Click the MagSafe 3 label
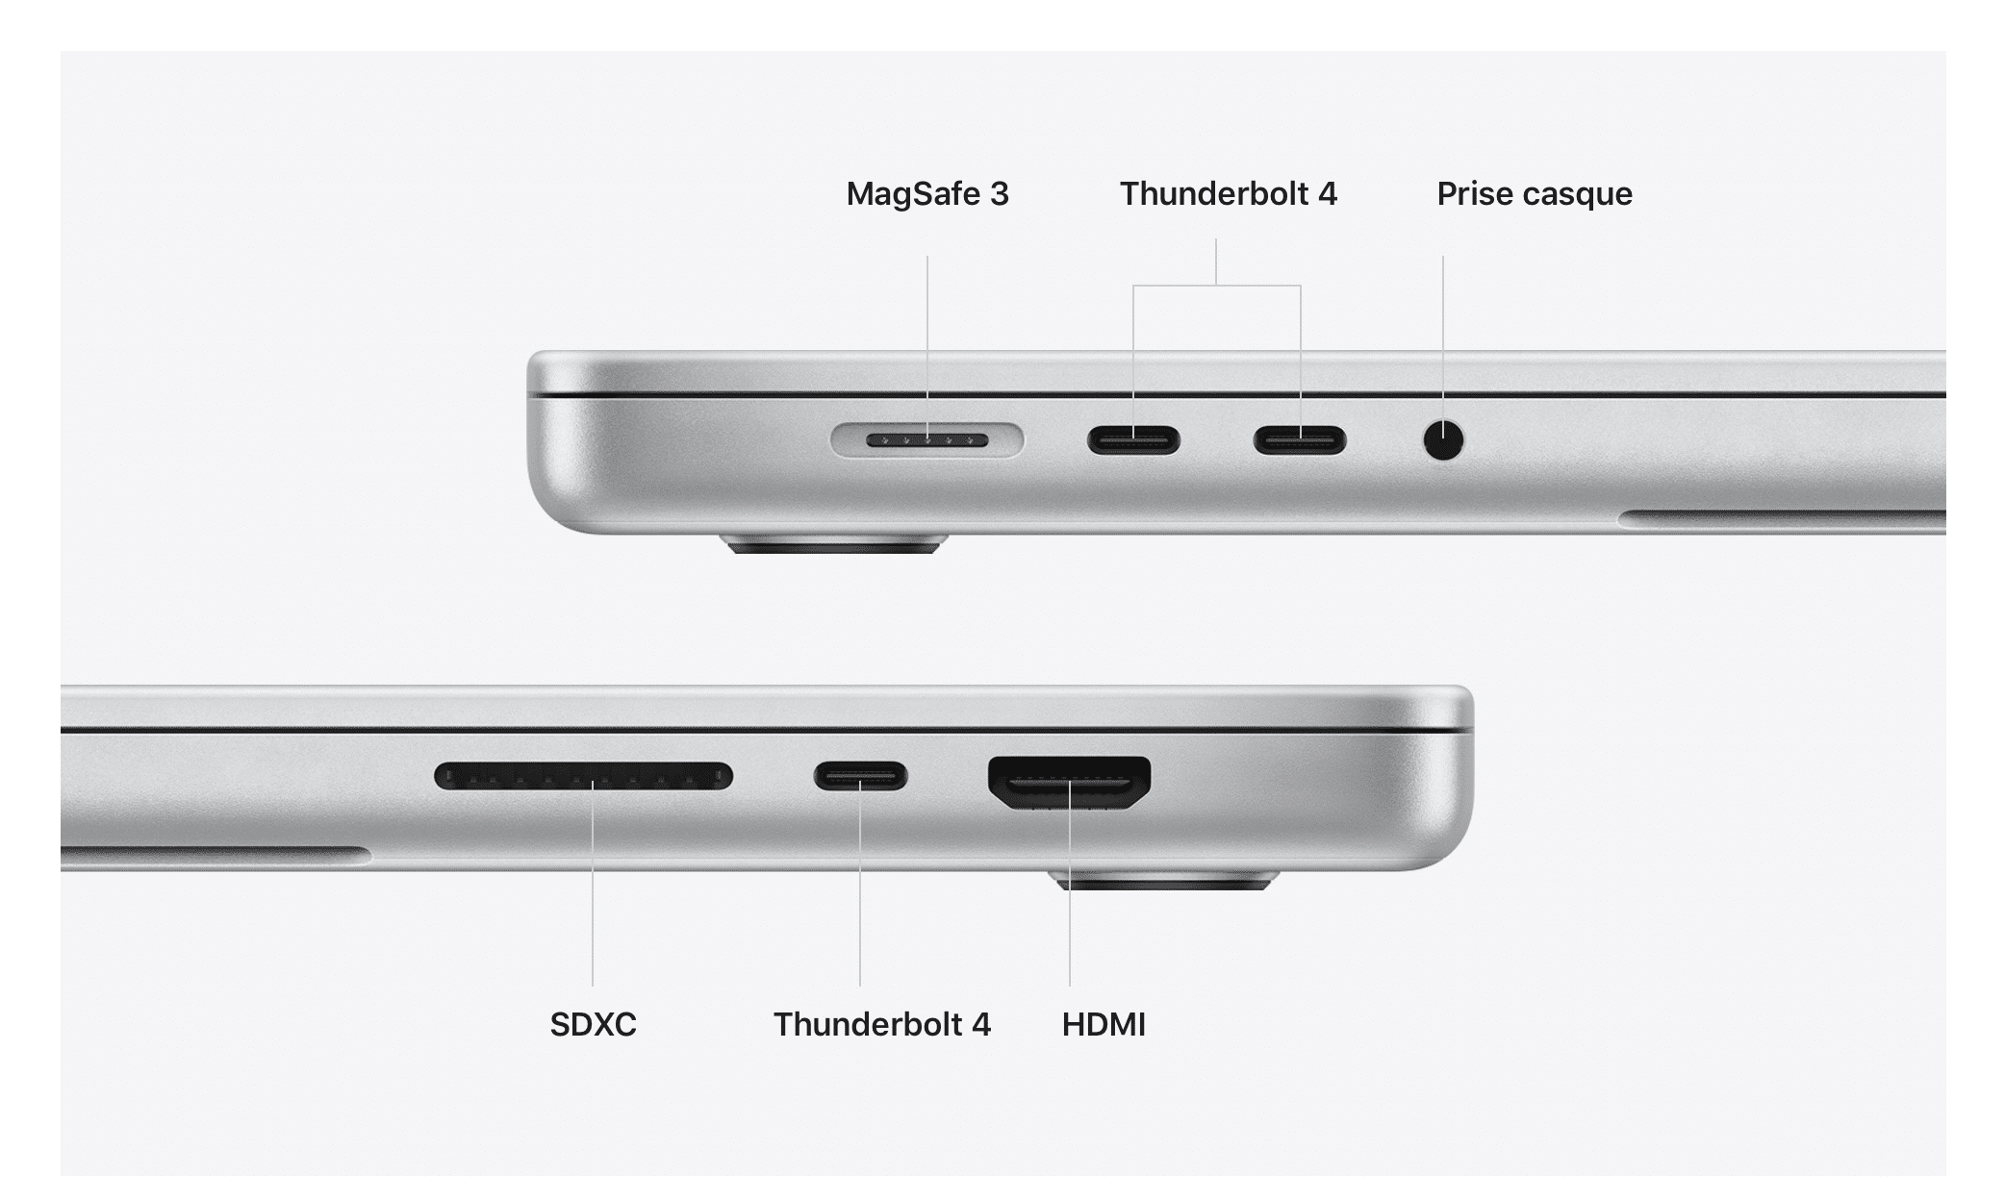point(927,194)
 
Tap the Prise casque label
point(1535,194)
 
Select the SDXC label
point(593,1024)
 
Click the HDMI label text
point(1104,1024)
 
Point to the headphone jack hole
point(1443,440)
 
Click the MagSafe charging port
point(927,440)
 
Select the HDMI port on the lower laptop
point(1070,783)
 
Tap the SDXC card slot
point(583,776)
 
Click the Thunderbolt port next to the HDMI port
point(860,776)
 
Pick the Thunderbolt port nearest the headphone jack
point(1299,440)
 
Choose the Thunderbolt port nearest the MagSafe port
point(1133,440)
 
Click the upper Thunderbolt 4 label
point(1229,194)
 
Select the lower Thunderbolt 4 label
point(882,1024)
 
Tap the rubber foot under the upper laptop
point(834,544)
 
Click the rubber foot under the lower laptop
point(1164,880)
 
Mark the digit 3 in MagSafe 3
point(1000,194)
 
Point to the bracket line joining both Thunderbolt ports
point(1217,286)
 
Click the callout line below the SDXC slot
point(593,884)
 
